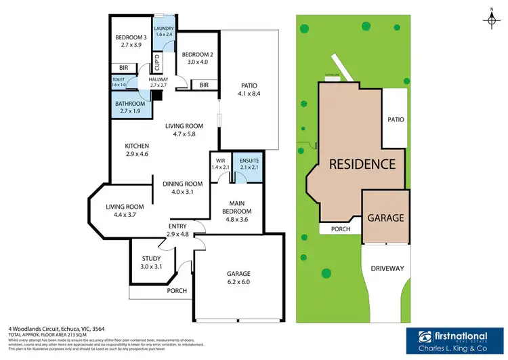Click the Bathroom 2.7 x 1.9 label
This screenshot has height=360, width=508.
(129, 107)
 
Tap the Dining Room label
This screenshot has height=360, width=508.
(183, 187)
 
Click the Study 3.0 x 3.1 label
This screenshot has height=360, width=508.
(151, 262)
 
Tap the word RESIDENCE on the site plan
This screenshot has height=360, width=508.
(362, 163)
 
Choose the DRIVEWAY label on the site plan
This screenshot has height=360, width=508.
(387, 268)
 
